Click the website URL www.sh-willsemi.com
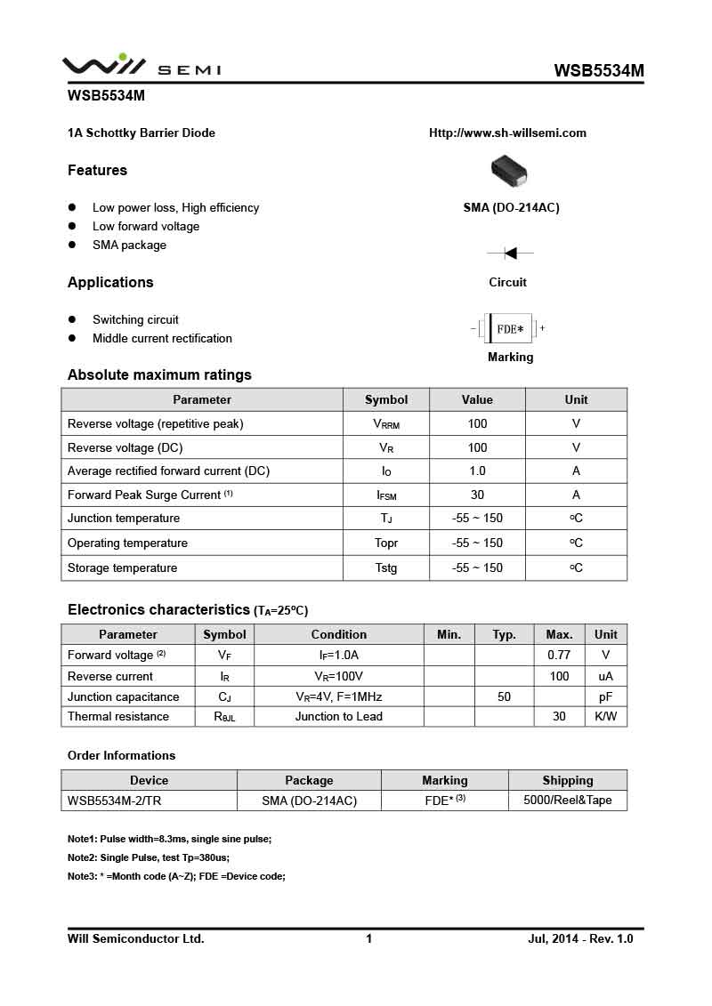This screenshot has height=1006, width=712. [x=507, y=133]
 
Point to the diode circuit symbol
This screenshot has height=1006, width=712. [x=510, y=254]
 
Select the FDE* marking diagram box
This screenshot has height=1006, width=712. [x=510, y=328]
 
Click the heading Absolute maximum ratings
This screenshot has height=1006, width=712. [x=159, y=374]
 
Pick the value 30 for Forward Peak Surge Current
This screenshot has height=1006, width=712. [x=477, y=495]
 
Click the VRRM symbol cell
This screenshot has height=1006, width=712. [x=386, y=424]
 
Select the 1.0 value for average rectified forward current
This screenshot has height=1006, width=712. [x=477, y=471]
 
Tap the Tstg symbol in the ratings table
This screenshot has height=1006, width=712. [x=386, y=567]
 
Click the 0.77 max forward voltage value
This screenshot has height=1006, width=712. [x=559, y=655]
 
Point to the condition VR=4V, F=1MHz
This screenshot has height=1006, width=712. [x=338, y=696]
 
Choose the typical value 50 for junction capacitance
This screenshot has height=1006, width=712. [x=504, y=696]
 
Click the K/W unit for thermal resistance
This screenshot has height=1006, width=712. [x=605, y=716]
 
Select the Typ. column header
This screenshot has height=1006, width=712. [x=504, y=634]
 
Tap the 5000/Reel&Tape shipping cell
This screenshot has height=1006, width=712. [x=567, y=800]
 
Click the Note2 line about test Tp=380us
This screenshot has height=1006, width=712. [x=149, y=857]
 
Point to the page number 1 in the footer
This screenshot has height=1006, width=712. [x=368, y=938]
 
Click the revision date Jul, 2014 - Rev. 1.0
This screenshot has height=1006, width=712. [x=580, y=938]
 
